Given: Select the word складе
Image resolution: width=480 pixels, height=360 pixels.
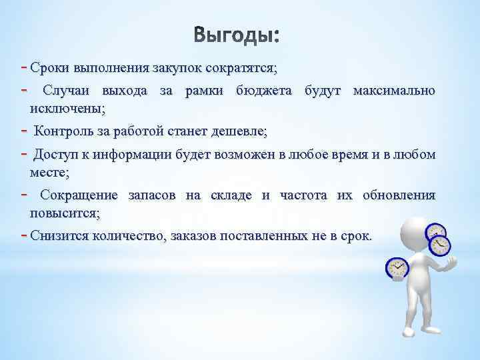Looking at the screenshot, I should coord(231,195).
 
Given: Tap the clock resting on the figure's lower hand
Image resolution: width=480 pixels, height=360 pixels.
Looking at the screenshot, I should coord(397,269).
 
